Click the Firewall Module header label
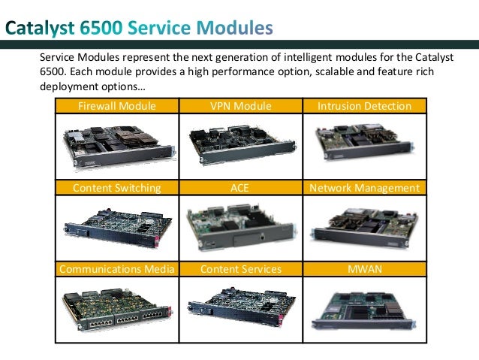(117, 107)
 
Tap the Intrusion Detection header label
(364, 107)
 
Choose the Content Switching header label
(116, 188)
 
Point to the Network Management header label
(364, 188)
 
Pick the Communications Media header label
(116, 268)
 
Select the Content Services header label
(240, 268)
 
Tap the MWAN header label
(364, 268)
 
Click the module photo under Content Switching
(116, 225)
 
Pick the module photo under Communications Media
(116, 307)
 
